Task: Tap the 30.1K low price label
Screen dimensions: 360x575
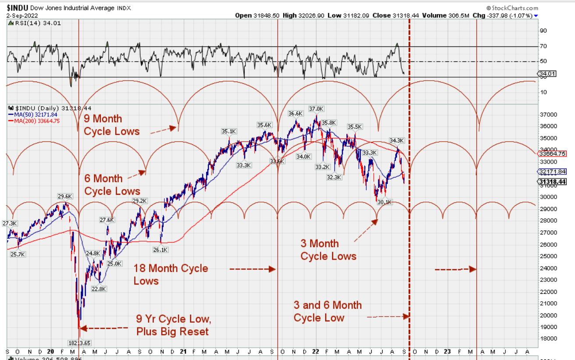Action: (384, 202)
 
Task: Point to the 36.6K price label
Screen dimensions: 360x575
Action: (295, 114)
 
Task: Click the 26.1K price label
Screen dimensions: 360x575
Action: (160, 250)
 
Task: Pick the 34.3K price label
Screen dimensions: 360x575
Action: (396, 140)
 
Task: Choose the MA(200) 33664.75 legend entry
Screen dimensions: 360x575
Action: (36, 121)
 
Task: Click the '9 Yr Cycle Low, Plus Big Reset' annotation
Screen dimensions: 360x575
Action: (172, 325)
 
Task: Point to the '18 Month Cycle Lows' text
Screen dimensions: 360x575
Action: (170, 274)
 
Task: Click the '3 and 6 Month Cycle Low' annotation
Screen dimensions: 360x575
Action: (327, 311)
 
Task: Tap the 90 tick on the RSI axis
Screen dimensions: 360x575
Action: (543, 30)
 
